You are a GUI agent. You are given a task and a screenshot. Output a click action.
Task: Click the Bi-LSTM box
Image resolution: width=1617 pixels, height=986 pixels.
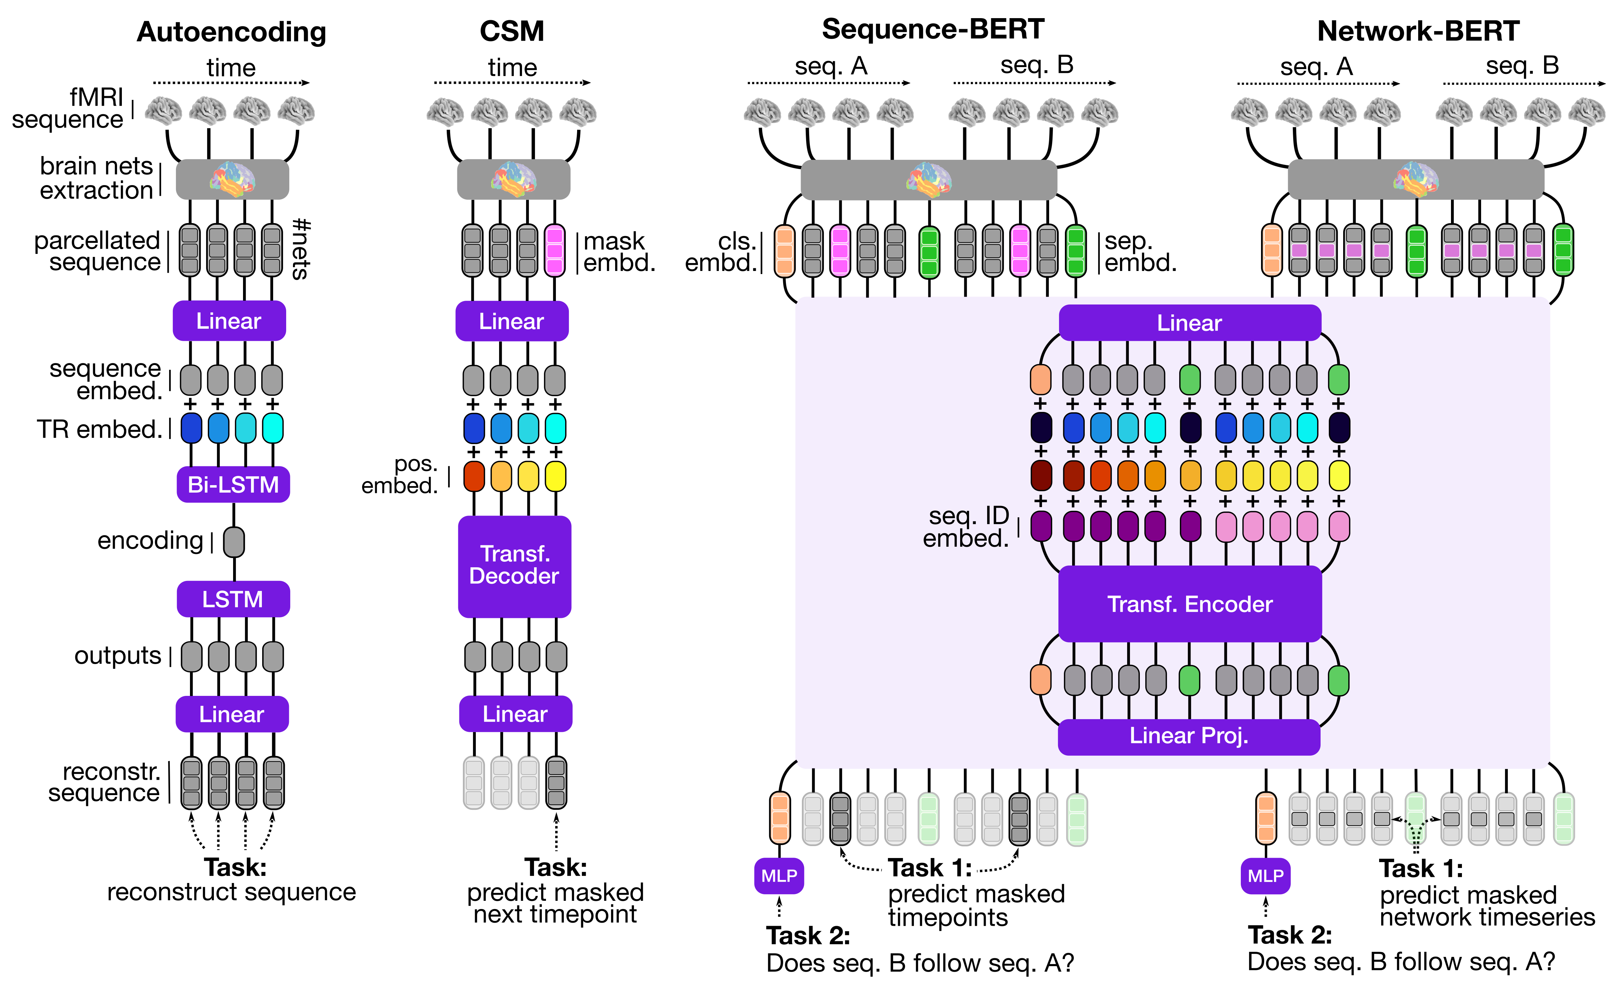[x=233, y=485]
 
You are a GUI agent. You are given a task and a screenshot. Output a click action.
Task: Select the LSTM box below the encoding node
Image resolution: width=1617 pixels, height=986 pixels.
[x=233, y=599]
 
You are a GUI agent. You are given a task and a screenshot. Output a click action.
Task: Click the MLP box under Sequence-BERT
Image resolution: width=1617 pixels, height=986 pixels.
[x=779, y=876]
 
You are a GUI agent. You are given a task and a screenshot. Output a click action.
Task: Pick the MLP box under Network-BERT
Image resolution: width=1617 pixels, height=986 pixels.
[x=1265, y=876]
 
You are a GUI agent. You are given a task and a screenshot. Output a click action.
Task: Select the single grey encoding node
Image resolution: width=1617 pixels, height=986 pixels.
[x=234, y=542]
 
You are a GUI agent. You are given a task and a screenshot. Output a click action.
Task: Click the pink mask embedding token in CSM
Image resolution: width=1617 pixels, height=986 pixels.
[x=555, y=250]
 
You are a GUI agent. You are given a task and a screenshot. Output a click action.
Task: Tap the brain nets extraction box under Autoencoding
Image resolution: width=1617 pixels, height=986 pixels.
[x=232, y=179]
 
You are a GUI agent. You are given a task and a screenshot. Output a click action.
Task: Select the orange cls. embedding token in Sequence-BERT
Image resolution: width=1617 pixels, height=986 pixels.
[x=785, y=250]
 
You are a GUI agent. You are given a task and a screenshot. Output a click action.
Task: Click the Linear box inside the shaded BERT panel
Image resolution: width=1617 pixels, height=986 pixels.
[x=1189, y=323]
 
